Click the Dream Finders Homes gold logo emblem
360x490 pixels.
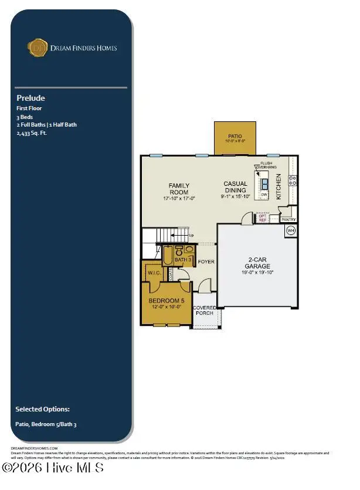pos(39,47)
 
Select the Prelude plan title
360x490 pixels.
pos(30,98)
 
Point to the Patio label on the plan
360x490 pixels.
pos(235,136)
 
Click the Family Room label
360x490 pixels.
pos(179,189)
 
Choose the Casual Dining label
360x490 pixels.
pos(235,187)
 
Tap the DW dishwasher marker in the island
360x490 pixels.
pos(264,195)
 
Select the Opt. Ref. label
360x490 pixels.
pos(263,217)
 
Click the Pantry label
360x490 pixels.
pos(288,220)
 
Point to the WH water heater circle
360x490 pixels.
pos(291,230)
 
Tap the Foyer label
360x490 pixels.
pos(206,262)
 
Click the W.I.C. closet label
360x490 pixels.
pos(155,272)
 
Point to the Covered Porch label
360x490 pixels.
pos(205,310)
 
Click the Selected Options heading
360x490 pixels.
pos(42,409)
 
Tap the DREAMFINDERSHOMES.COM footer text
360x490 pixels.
pos(34,448)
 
